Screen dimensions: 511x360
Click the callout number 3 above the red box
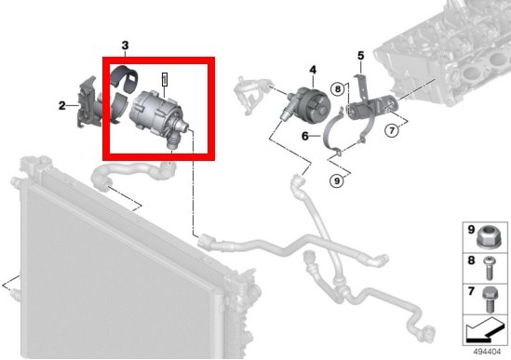click(x=126, y=46)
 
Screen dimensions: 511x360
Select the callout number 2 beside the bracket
click(x=62, y=105)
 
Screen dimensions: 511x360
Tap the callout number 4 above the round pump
click(x=313, y=70)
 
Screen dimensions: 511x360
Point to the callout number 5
click(x=360, y=56)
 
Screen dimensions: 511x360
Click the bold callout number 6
click(x=305, y=136)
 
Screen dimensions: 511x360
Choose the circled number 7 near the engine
click(x=392, y=130)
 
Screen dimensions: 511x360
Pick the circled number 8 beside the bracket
click(x=338, y=88)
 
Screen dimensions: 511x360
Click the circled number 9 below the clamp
click(x=337, y=180)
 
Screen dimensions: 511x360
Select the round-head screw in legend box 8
click(x=488, y=268)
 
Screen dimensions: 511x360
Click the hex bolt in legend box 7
click(x=490, y=300)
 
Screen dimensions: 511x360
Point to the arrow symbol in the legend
click(x=483, y=329)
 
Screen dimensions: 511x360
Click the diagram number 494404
click(x=487, y=352)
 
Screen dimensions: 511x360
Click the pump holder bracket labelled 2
click(x=87, y=102)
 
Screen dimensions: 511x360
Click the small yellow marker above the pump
click(x=165, y=79)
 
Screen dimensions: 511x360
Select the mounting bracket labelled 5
click(x=370, y=98)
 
